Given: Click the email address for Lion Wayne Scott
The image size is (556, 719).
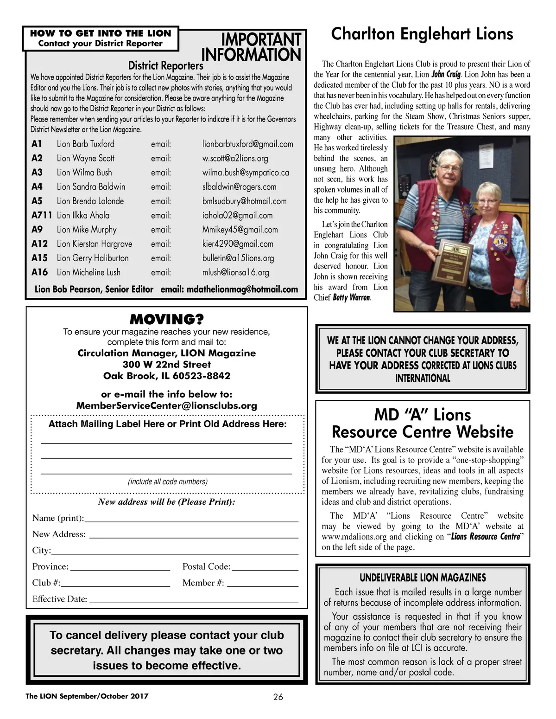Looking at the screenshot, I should (235, 158).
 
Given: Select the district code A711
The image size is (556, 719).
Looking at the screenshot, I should (42, 215).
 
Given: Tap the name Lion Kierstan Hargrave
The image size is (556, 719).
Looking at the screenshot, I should (94, 244).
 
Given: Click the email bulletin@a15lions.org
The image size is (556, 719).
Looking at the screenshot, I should (238, 258).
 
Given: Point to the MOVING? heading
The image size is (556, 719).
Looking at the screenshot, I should (166, 320).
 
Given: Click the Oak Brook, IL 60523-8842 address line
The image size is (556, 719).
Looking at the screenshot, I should (166, 376).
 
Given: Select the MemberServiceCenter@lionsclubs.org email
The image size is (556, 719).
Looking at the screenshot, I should (166, 406).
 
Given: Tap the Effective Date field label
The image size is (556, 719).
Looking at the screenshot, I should (60, 599).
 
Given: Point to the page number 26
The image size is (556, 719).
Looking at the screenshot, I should (278, 696).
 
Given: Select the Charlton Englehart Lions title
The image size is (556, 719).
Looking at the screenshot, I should (422, 34).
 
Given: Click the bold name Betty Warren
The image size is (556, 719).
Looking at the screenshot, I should (351, 298).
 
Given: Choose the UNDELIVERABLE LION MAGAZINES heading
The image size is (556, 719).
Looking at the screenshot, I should (423, 578).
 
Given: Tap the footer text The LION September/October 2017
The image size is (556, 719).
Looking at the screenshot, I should (87, 696).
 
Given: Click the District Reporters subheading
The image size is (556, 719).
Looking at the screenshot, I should (165, 65).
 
